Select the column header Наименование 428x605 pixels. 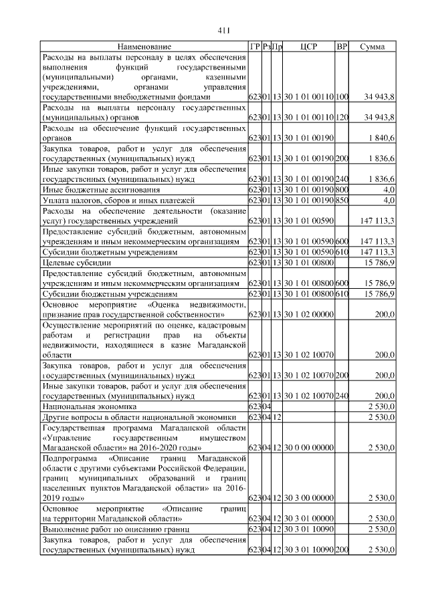click(144, 47)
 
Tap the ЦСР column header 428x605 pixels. click(308, 47)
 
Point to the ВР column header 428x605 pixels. click(342, 47)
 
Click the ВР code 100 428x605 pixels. click(342, 98)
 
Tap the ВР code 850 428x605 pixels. click(342, 200)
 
